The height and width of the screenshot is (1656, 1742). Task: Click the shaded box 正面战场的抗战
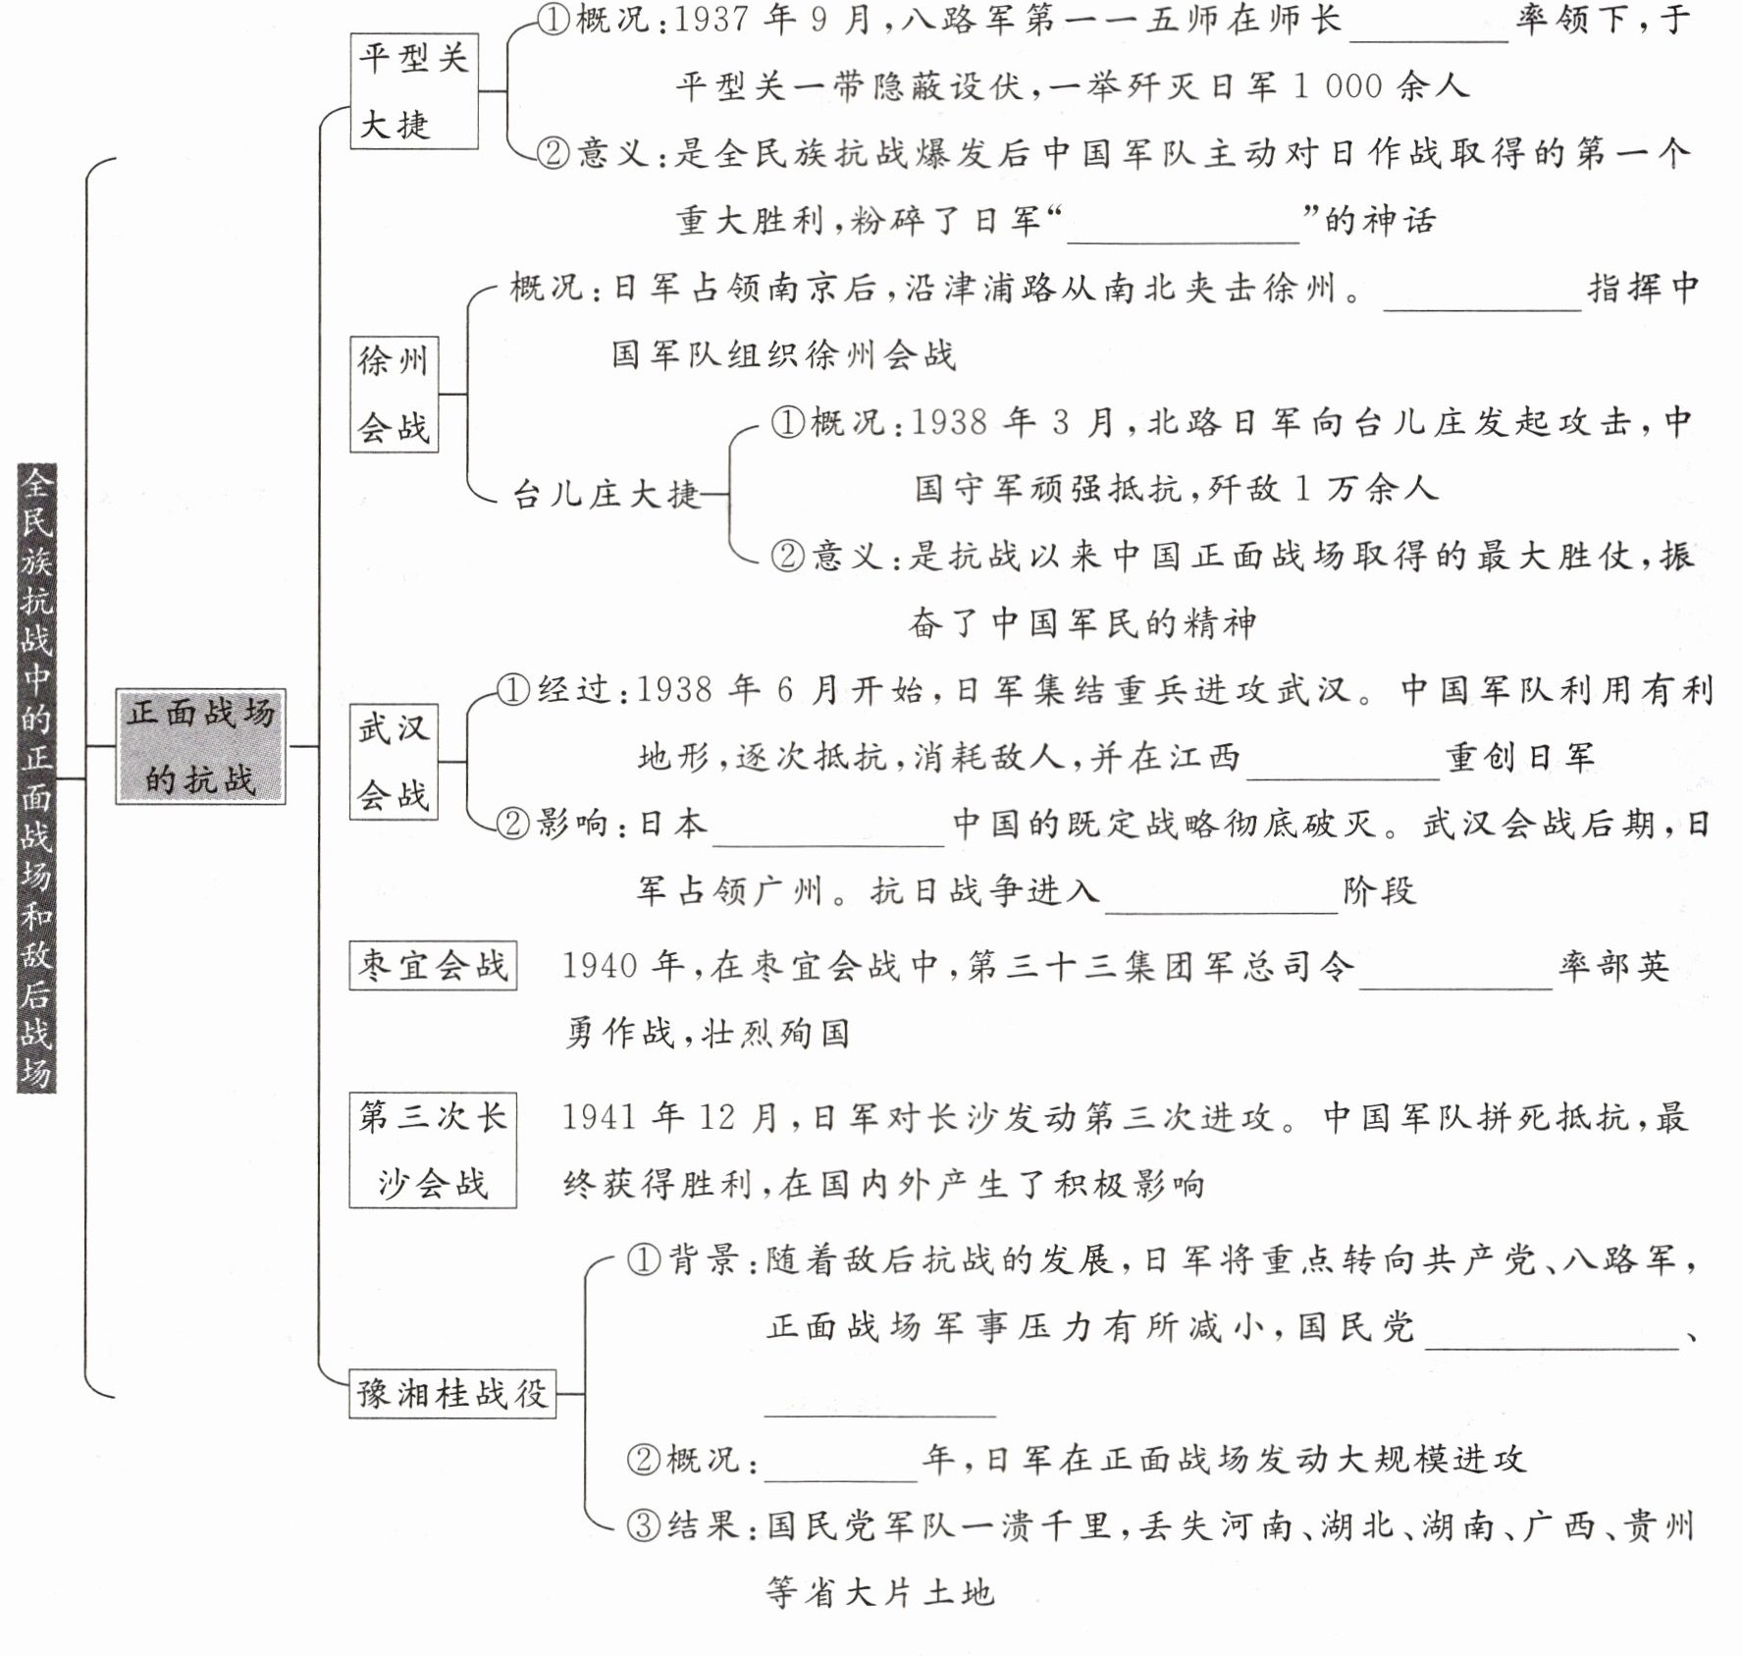[x=200, y=746]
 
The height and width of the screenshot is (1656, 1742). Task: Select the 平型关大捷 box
[x=413, y=91]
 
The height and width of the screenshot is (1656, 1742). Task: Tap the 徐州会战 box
[x=394, y=394]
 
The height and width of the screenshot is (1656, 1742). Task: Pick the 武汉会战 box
[x=394, y=762]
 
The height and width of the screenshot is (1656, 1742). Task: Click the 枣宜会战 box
[x=433, y=966]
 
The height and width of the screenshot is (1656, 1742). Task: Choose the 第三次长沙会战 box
[x=433, y=1149]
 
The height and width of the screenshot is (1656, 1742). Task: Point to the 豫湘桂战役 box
[x=452, y=1393]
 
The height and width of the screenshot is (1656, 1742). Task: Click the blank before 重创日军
[x=1343, y=764]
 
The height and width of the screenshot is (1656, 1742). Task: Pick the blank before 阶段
[x=1221, y=897]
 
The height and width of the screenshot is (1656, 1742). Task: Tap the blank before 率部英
[x=1455, y=973]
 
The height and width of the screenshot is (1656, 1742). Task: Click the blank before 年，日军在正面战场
[x=840, y=1466]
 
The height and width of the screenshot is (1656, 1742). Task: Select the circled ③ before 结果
[x=644, y=1526]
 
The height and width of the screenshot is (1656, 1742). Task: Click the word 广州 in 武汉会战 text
[x=781, y=891]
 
